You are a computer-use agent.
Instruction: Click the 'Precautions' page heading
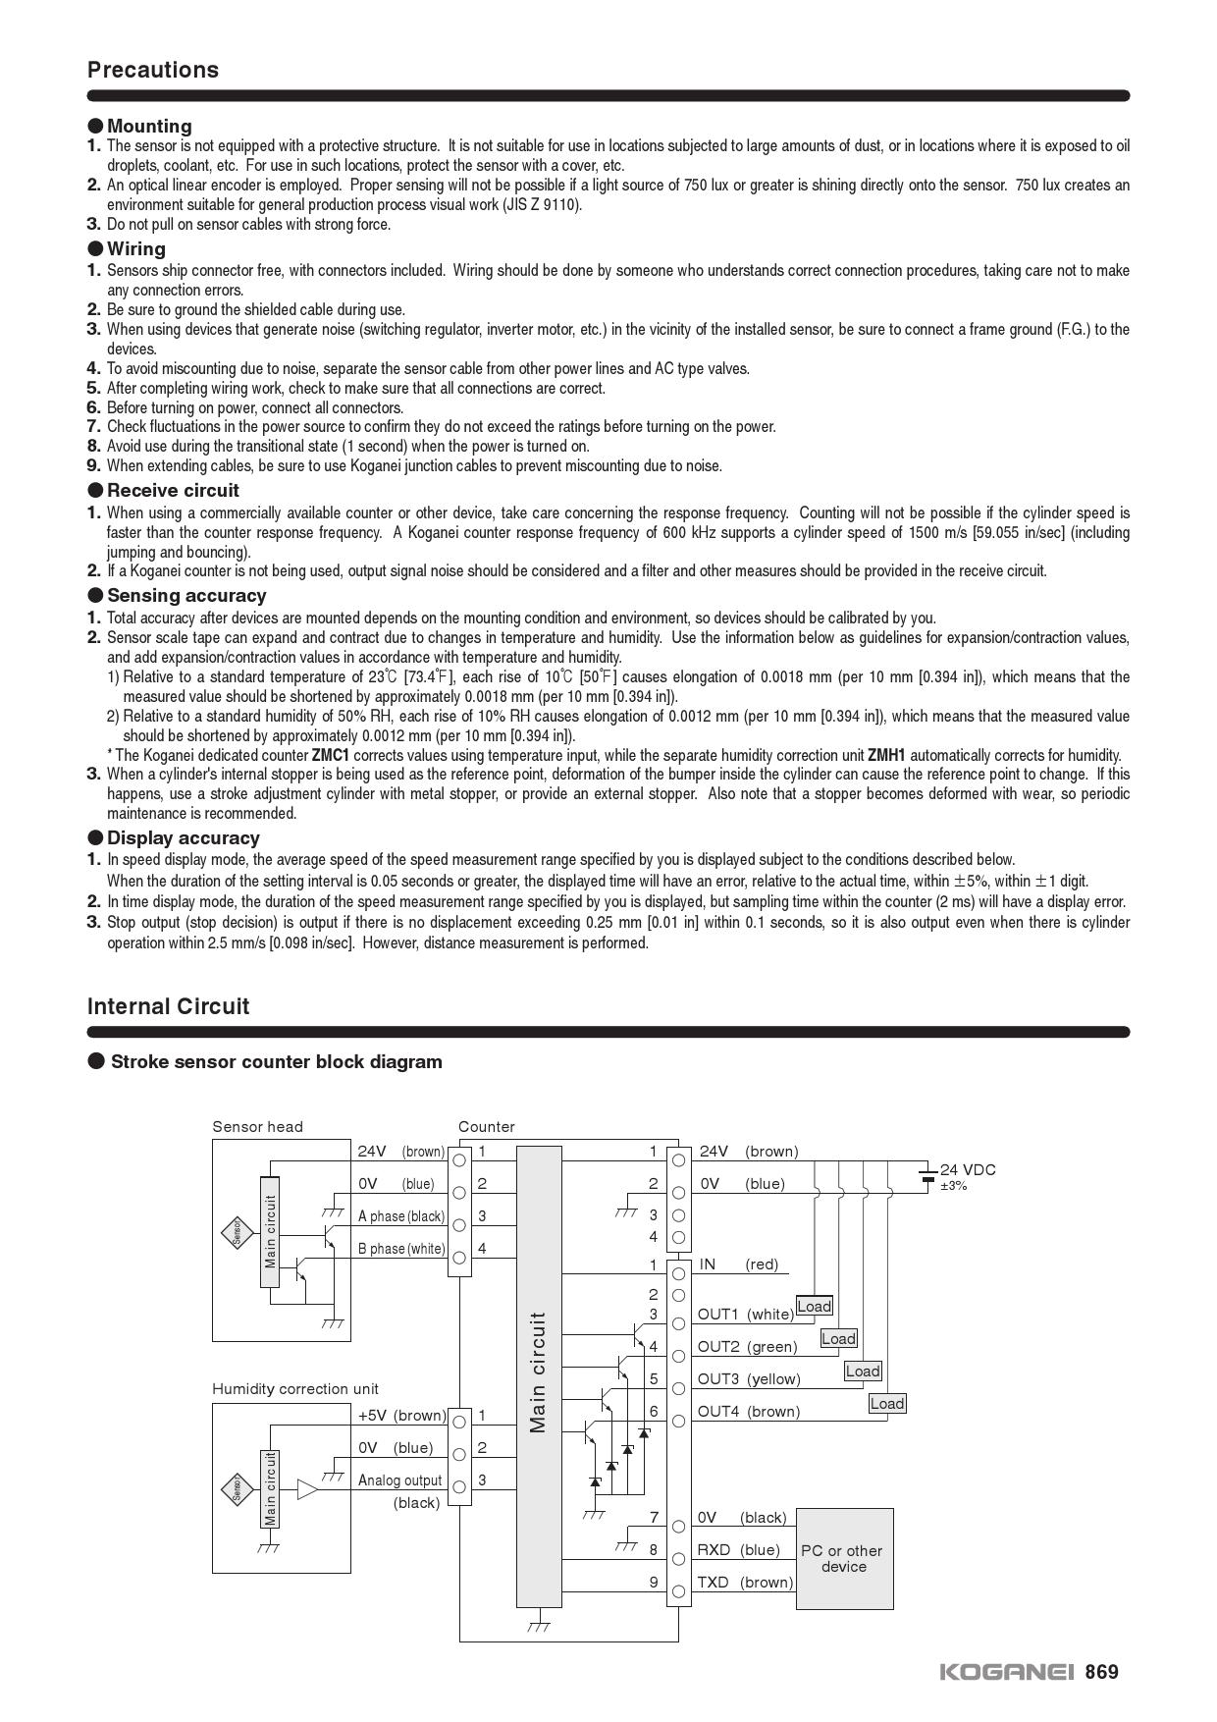(x=153, y=70)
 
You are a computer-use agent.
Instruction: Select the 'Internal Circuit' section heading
(x=168, y=1006)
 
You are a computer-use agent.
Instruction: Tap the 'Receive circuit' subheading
(x=173, y=490)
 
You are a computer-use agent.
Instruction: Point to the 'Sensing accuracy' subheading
(x=186, y=595)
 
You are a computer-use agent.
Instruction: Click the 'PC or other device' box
(x=844, y=1558)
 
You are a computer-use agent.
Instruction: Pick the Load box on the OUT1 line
(x=814, y=1306)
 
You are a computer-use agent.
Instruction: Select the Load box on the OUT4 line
(x=886, y=1403)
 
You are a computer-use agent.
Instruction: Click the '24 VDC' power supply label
(x=967, y=1169)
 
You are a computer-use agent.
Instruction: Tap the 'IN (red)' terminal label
(x=738, y=1265)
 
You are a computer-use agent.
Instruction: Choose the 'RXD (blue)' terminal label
(x=738, y=1549)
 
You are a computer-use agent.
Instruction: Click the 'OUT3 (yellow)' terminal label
(x=749, y=1379)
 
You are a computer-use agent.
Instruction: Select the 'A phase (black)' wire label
(x=401, y=1216)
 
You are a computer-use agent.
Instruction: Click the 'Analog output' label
(x=400, y=1480)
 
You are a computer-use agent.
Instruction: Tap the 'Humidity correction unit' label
(x=295, y=1389)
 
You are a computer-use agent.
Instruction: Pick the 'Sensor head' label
(x=258, y=1127)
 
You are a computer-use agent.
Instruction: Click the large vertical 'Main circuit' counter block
(x=539, y=1374)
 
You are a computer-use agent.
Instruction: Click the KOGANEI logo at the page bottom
(x=1007, y=1672)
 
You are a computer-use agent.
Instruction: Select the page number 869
(x=1101, y=1672)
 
